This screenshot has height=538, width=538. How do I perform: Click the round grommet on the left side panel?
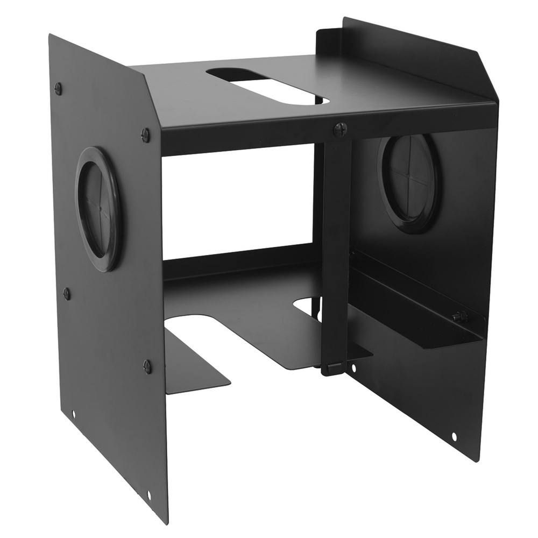point(98,208)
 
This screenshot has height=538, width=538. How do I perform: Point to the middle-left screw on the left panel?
point(67,293)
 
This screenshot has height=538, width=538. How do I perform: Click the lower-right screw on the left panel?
point(147,366)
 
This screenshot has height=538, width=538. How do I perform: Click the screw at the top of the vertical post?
point(339,129)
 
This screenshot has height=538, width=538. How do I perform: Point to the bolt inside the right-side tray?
point(458,317)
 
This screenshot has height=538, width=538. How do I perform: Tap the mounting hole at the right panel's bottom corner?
point(454,436)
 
